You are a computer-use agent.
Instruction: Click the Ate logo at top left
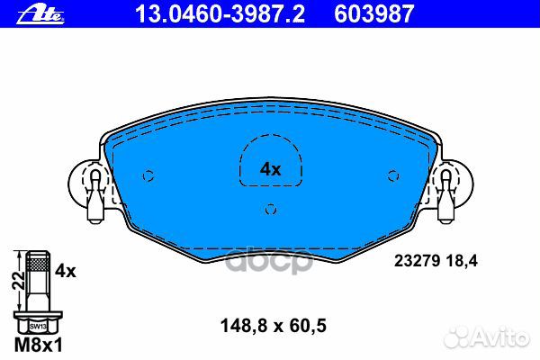[27, 13]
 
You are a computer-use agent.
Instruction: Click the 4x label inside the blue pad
[270, 168]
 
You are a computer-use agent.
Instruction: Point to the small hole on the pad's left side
[148, 175]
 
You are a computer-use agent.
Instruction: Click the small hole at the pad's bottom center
[270, 211]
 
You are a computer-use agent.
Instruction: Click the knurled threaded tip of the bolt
[36, 264]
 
